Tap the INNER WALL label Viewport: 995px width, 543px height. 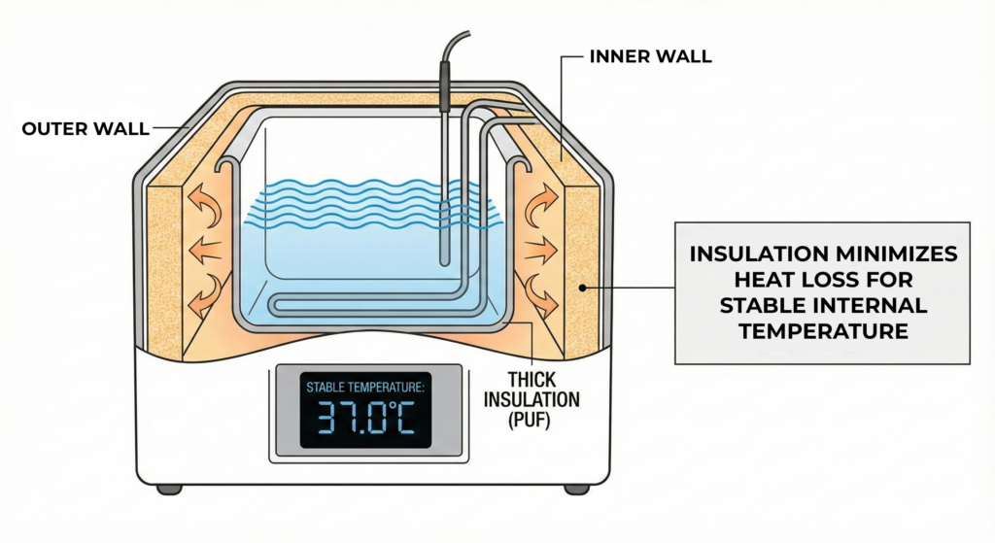[x=651, y=56]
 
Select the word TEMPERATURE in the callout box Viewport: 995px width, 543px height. [x=824, y=331]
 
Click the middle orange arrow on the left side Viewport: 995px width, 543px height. [x=203, y=248]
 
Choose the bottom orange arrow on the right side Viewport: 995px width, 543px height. [x=542, y=292]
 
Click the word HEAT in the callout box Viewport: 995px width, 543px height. [x=728, y=281]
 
